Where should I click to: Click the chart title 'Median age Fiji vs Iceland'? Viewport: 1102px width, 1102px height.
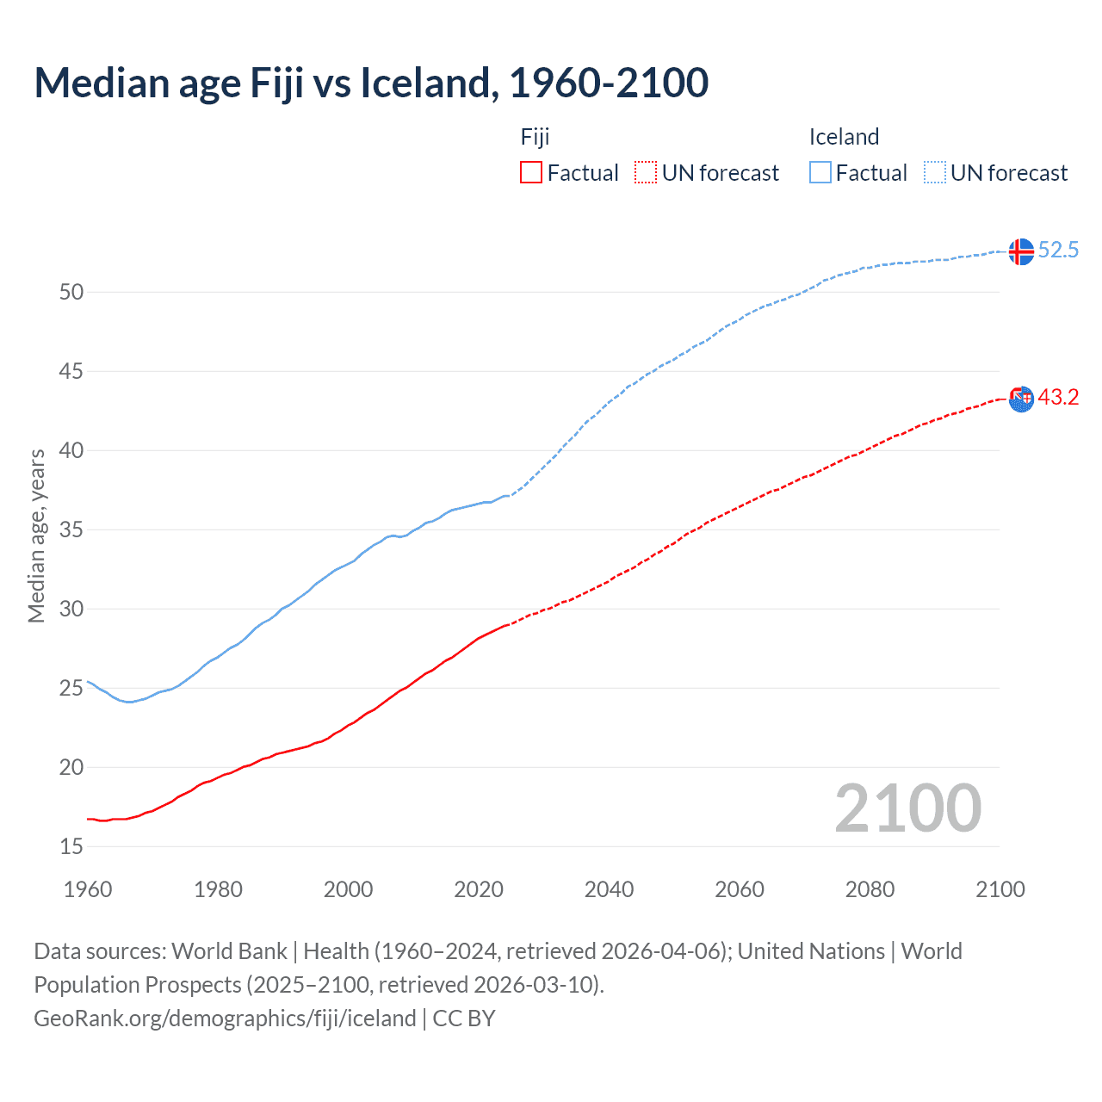371,83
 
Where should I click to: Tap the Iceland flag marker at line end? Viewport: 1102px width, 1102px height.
1021,251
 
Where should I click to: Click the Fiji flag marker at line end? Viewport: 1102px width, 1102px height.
1021,399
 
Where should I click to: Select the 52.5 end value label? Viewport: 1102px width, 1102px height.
1058,251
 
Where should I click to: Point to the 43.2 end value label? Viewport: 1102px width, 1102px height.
1058,398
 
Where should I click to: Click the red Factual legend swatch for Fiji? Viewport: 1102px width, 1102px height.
531,173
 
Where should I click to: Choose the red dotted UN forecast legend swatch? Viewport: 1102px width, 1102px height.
646,173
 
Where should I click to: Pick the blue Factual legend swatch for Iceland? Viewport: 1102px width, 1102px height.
820,173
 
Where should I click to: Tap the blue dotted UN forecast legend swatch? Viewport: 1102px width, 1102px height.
935,173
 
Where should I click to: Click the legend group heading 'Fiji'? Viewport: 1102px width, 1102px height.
535,137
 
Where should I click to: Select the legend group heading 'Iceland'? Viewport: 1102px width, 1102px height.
844,137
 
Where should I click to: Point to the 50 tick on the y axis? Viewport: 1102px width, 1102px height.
71,292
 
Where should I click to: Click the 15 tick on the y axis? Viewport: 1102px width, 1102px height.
71,846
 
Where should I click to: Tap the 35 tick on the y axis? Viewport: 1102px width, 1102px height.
71,529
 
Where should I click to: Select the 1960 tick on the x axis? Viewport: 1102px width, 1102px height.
88,889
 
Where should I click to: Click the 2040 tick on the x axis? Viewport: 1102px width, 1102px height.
609,889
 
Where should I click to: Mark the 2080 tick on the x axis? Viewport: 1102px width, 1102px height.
870,889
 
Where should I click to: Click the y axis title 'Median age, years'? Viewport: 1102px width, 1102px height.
36,536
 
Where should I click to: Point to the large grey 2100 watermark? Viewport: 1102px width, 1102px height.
907,808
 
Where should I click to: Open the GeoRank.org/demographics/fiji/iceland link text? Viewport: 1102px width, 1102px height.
225,1018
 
